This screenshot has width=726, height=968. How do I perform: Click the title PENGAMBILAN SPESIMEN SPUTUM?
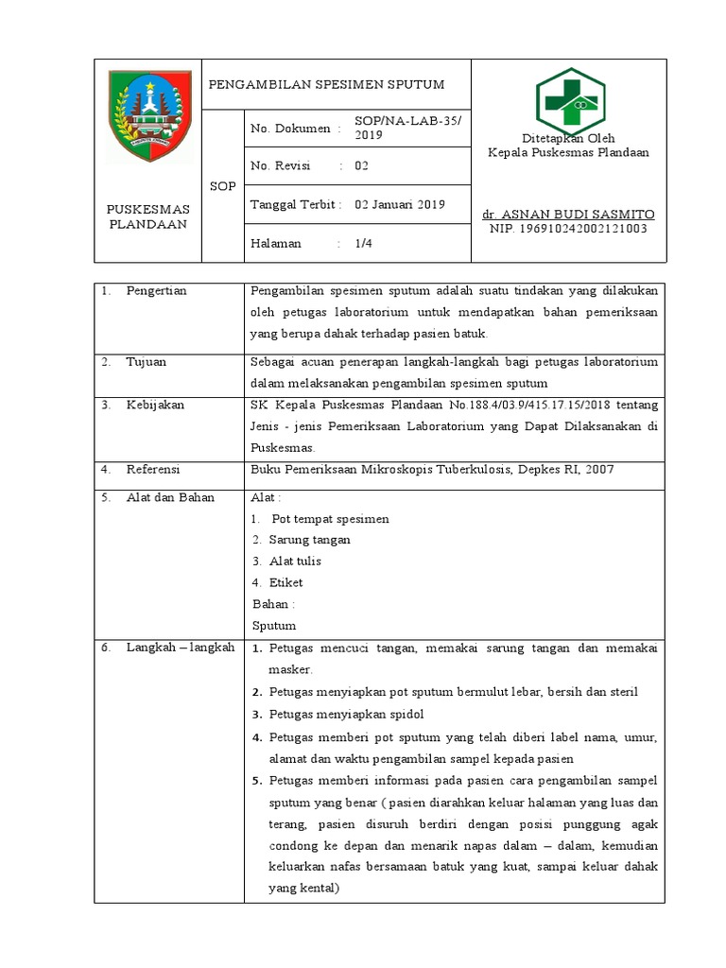coord(326,85)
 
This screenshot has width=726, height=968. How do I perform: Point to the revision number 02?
coord(361,166)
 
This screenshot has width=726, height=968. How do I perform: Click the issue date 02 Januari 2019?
coord(399,204)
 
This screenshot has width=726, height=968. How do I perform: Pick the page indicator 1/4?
coord(363,243)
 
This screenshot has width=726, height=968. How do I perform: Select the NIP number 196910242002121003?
coord(567,229)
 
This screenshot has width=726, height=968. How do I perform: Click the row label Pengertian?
coord(156,291)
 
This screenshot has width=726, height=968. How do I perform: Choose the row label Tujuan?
coord(147,361)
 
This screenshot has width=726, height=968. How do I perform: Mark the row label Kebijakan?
coord(155,405)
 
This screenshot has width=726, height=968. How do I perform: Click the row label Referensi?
coord(153,469)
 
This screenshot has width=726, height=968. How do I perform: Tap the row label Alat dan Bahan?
coord(170,497)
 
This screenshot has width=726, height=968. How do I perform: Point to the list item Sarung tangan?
coord(309,540)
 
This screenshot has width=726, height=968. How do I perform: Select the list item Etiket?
coord(285,582)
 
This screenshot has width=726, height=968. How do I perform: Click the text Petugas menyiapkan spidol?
coord(346,713)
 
